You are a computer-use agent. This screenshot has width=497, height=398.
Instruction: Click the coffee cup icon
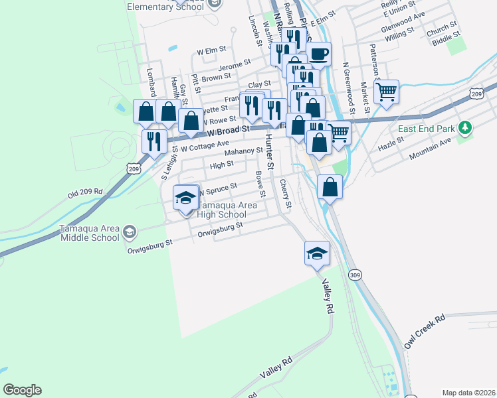pos(318,53)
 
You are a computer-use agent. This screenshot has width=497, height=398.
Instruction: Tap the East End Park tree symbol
pos(466,127)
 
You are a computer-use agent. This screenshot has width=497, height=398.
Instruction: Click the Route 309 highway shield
pos(355,274)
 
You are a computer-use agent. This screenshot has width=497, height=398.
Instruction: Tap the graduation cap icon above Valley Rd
pos(318,251)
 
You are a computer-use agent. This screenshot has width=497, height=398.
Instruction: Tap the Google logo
pos(22,390)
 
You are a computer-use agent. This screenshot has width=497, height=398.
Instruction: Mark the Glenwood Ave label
pos(403,23)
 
